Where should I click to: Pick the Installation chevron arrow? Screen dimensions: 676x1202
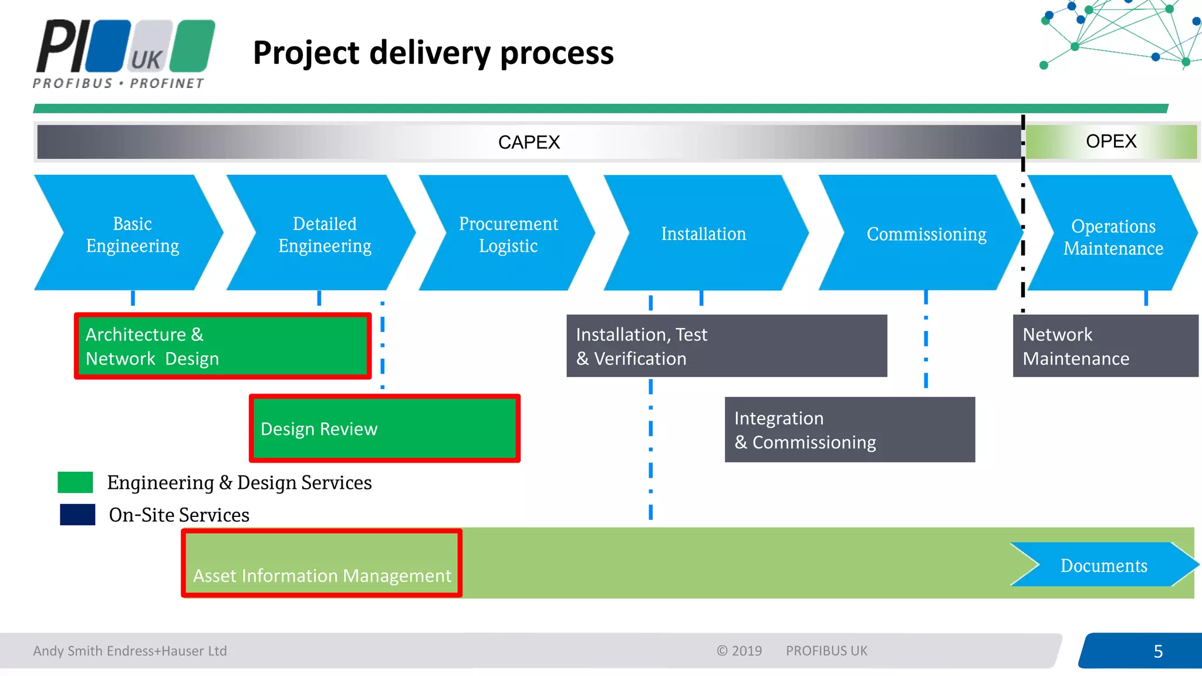(x=703, y=234)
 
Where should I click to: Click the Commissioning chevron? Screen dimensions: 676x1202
(x=926, y=234)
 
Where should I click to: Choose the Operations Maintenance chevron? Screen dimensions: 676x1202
(x=1113, y=236)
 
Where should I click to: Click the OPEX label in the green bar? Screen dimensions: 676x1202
(x=1110, y=141)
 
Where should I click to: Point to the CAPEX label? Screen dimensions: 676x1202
(x=529, y=142)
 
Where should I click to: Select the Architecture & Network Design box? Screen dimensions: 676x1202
(x=222, y=346)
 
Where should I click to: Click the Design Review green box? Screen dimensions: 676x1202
(x=384, y=428)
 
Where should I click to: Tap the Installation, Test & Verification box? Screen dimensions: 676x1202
(x=726, y=346)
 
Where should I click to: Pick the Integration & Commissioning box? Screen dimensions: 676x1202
(x=849, y=430)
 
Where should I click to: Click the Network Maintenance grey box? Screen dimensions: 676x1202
(x=1105, y=346)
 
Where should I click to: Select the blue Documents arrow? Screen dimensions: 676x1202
(x=1103, y=565)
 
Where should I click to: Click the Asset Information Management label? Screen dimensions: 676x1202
(x=322, y=575)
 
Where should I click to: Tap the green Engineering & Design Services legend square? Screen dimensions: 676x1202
(x=75, y=482)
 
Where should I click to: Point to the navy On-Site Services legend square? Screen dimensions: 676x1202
(x=77, y=515)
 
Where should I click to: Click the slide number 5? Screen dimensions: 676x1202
(x=1157, y=651)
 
